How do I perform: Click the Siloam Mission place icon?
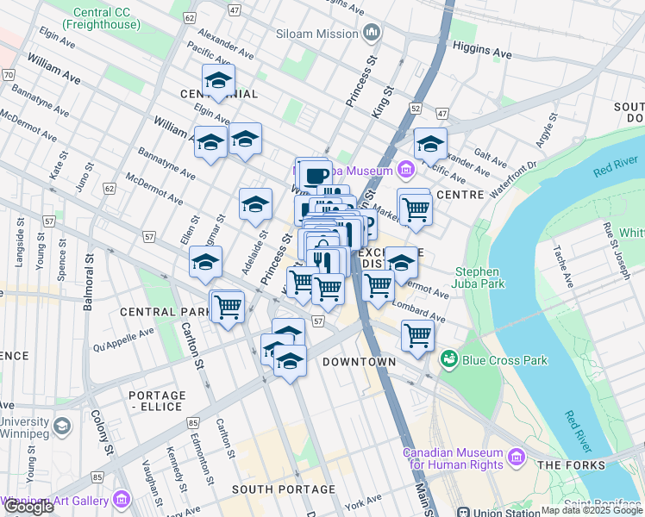click(372, 34)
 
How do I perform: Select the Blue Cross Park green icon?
click(449, 358)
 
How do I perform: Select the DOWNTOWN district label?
click(359, 362)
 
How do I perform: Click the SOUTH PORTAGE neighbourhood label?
click(283, 489)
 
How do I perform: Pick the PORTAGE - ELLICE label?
click(155, 401)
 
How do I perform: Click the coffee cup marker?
click(316, 173)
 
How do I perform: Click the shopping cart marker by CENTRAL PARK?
click(229, 306)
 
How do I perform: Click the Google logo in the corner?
click(28, 507)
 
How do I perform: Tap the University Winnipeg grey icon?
click(61, 426)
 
